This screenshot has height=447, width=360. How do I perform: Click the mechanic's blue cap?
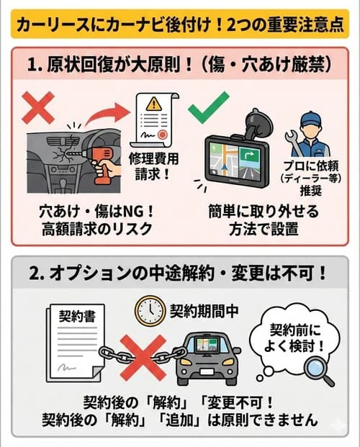click(312, 117)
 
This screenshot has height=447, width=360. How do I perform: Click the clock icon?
click(149, 311)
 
